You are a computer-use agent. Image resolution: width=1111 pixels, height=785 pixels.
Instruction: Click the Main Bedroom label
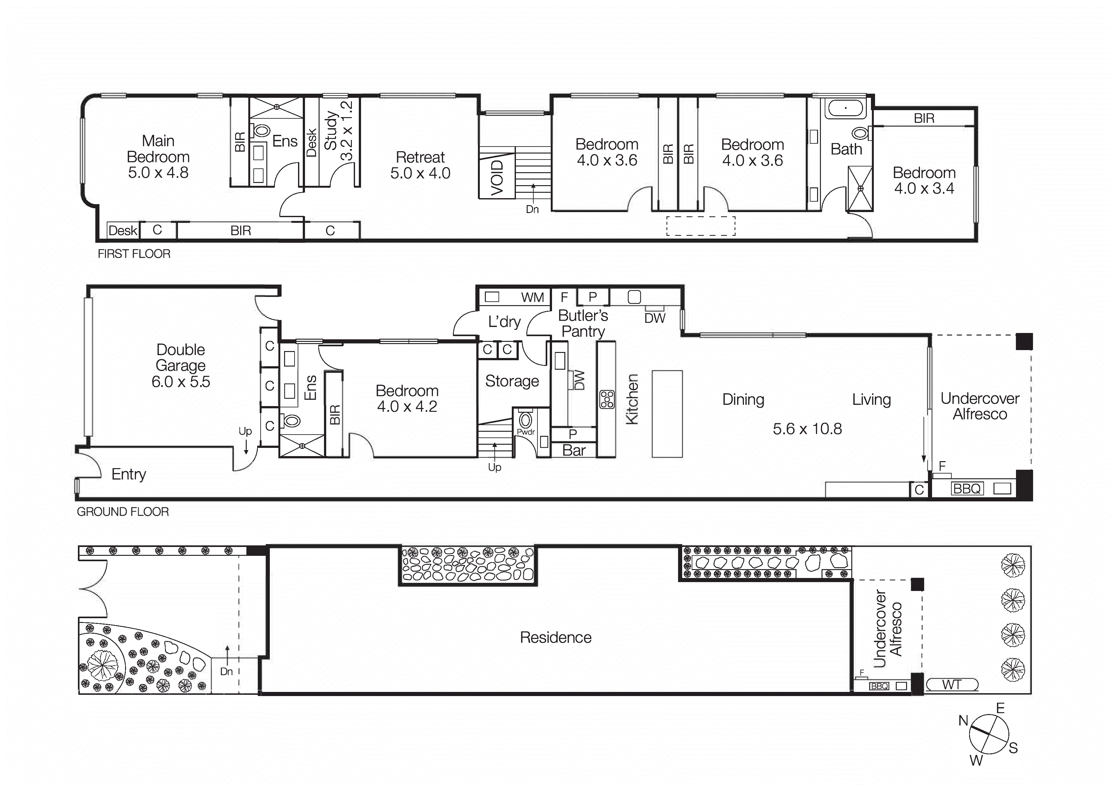pos(158,157)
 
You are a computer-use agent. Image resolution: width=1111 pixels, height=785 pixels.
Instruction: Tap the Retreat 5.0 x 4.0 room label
pos(420,165)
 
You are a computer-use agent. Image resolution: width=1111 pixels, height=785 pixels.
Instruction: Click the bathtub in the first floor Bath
pos(845,108)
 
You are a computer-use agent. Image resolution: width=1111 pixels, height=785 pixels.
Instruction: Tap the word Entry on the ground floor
pos(128,474)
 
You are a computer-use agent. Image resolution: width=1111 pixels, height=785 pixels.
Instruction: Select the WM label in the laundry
pos(532,297)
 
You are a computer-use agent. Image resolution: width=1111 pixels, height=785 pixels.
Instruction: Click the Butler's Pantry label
pos(583,323)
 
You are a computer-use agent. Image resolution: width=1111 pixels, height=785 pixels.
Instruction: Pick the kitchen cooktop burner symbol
pos(607,399)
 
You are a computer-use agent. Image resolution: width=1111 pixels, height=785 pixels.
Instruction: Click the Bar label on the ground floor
pos(574,450)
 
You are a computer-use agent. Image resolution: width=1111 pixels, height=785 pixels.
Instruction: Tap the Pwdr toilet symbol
pos(525,419)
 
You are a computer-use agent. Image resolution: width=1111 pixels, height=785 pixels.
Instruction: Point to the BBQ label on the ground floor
pos(967,488)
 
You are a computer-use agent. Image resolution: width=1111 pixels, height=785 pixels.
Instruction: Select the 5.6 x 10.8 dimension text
pos(807,429)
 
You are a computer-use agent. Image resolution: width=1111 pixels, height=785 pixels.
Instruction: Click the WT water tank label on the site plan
pos(951,685)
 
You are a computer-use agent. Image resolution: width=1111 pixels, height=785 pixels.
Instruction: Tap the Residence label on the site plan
pos(555,637)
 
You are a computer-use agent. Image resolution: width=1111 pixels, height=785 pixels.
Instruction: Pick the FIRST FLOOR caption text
pos(134,254)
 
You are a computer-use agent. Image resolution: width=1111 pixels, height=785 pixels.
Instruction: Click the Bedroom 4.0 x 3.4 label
pos(924,180)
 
